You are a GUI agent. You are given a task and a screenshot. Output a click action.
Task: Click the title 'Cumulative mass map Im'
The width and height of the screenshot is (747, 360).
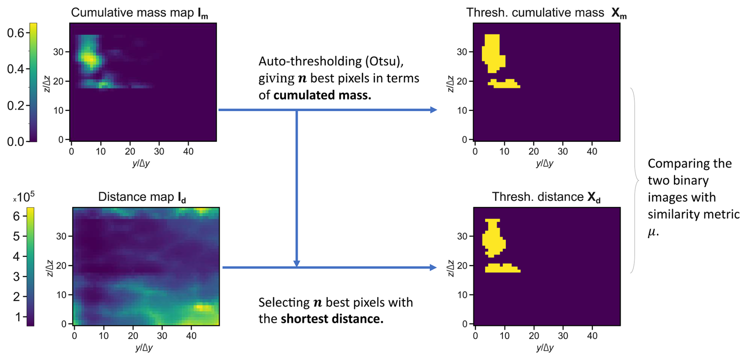pyautogui.click(x=139, y=13)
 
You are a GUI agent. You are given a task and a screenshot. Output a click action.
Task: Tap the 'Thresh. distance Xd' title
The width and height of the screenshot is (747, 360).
pyautogui.click(x=546, y=197)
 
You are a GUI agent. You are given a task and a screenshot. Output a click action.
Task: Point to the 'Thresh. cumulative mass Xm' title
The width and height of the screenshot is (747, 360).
pyautogui.click(x=546, y=13)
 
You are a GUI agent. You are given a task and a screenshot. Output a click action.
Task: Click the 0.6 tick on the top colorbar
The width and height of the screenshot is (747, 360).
pyautogui.click(x=16, y=33)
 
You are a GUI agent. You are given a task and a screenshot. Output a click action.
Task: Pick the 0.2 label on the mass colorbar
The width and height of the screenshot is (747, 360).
pyautogui.click(x=16, y=105)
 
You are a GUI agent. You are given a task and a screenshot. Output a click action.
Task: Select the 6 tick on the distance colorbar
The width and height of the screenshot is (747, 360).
pyautogui.click(x=17, y=216)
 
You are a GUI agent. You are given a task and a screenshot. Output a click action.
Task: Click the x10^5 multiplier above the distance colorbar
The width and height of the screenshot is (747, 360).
pyautogui.click(x=24, y=197)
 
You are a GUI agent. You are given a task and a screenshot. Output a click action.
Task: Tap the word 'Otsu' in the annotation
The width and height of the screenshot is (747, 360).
pyautogui.click(x=385, y=62)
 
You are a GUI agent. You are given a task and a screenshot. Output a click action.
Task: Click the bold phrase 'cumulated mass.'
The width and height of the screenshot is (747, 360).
pyautogui.click(x=322, y=96)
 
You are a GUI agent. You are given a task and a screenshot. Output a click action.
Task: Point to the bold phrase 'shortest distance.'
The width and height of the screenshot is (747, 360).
pyautogui.click(x=332, y=319)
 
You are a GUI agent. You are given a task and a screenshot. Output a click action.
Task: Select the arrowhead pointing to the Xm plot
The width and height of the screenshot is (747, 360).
pyautogui.click(x=434, y=110)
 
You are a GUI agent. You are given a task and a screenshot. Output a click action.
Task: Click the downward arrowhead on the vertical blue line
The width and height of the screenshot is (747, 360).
pyautogui.click(x=297, y=263)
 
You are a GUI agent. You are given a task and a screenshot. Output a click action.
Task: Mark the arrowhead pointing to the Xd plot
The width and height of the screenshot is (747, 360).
pyautogui.click(x=433, y=268)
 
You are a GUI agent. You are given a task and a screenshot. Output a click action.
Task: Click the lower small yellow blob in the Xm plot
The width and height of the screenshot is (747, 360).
pyautogui.click(x=504, y=84)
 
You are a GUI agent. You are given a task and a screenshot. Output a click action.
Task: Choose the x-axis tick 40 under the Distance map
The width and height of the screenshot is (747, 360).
pyautogui.click(x=191, y=336)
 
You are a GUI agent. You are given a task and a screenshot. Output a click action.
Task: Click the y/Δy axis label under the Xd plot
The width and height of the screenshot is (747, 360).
pyautogui.click(x=545, y=348)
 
